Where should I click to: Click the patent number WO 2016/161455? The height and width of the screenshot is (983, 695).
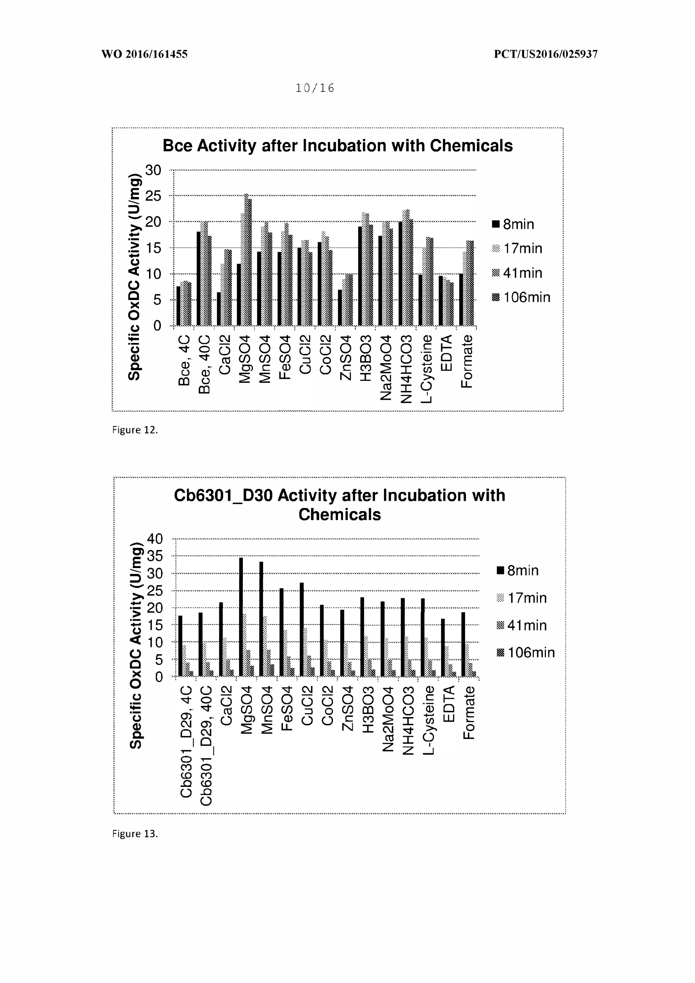coord(144,54)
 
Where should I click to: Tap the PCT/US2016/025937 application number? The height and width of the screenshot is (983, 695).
coord(546,54)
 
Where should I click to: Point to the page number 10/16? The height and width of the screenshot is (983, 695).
coord(315,88)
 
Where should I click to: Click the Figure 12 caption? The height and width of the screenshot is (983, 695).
coord(135,430)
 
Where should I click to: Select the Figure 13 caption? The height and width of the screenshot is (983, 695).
coord(135,834)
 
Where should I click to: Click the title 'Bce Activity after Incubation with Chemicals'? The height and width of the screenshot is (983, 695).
coord(338,146)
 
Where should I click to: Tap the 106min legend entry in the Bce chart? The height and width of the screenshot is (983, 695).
coord(521,297)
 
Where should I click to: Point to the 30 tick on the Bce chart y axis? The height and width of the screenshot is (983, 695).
coord(153,170)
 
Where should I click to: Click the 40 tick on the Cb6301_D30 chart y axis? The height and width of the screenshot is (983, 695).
coord(155,539)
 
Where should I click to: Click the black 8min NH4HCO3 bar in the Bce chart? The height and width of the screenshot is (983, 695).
coord(400,274)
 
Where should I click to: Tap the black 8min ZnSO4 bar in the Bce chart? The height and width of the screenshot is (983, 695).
coord(340,308)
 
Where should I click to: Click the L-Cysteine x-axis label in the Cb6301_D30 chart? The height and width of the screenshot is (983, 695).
coord(428,720)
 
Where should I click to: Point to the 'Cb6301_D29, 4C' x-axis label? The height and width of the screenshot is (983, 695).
coord(185,741)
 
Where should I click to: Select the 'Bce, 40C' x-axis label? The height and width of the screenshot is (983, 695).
coord(205,364)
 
